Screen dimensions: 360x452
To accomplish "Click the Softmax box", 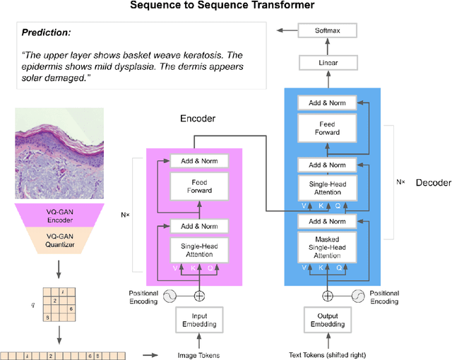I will (x=327, y=30).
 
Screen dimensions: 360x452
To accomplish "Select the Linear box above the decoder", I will (x=327, y=64).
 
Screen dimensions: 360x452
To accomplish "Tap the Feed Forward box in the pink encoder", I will (x=199, y=186).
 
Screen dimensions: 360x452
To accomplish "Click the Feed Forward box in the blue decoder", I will (x=327, y=128).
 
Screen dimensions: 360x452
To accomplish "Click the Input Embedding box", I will (x=199, y=320).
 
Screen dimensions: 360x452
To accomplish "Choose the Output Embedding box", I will (x=327, y=320).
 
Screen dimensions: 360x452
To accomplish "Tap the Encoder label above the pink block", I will (x=198, y=119).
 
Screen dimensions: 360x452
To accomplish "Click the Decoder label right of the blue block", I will (x=432, y=182).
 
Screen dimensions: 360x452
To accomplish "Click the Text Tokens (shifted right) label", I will (x=327, y=355).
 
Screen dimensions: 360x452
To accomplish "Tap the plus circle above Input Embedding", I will (x=199, y=296).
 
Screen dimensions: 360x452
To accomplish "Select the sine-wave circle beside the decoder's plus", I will (x=358, y=296).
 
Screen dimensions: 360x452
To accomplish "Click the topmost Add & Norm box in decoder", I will (x=327, y=103).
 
